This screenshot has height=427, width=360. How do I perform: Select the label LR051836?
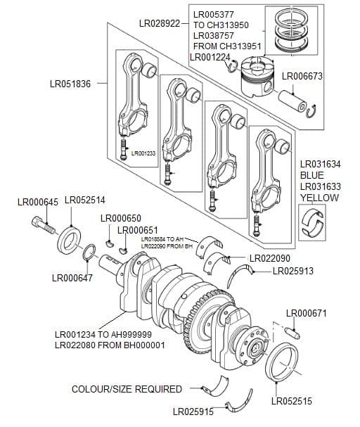[70, 84]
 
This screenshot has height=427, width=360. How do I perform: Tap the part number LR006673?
[302, 76]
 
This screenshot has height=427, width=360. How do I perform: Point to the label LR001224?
[210, 56]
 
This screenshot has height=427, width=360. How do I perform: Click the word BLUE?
[313, 175]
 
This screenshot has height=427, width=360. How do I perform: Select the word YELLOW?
[319, 198]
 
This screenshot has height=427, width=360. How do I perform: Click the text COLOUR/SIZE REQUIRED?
[127, 389]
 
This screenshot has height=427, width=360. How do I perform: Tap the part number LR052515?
[292, 402]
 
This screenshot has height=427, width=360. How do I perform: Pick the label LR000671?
[307, 313]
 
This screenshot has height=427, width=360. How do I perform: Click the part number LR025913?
[292, 270]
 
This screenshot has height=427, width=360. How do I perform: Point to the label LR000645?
[38, 202]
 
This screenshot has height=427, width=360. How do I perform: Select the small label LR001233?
[143, 153]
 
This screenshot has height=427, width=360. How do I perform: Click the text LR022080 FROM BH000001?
[110, 345]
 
